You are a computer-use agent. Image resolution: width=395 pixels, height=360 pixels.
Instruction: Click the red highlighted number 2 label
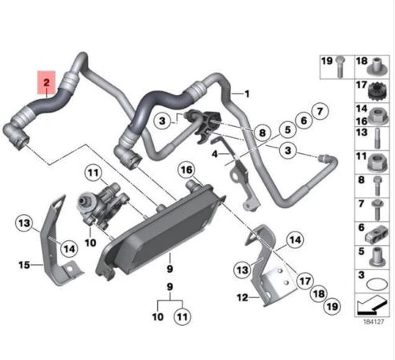[x=47, y=82]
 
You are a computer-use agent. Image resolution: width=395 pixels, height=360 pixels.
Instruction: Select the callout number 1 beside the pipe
[x=247, y=94]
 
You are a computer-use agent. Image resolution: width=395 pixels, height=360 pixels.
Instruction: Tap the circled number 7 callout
[x=320, y=111]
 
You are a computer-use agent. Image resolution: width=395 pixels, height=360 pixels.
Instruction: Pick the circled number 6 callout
[x=304, y=121]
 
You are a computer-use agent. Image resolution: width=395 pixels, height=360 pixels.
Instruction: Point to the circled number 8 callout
[x=263, y=132]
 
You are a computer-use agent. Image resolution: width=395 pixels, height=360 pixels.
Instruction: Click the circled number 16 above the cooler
[x=187, y=170]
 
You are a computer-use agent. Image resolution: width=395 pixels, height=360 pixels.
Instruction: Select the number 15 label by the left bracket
[x=24, y=265]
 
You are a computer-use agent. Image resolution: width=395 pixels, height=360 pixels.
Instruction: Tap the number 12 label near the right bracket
[x=243, y=297]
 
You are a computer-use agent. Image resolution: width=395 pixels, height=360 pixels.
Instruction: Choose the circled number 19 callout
[x=332, y=307]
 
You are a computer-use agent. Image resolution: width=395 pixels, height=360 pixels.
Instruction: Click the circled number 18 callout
[x=319, y=293]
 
